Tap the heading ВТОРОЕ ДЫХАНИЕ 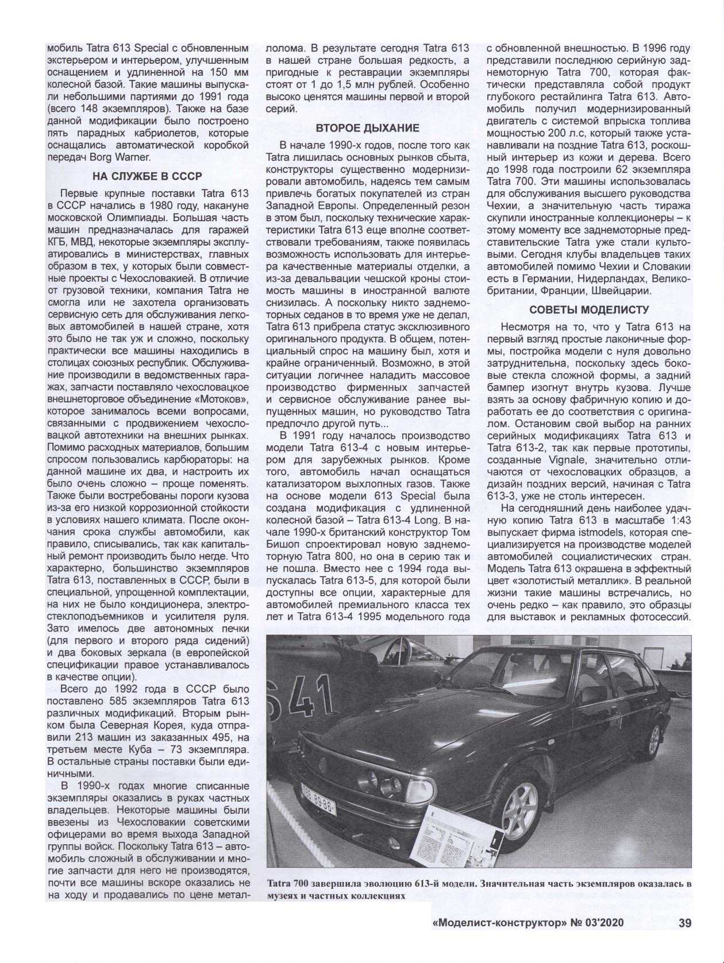(367, 127)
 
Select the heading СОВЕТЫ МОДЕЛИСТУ (588, 310)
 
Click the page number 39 (684, 923)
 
